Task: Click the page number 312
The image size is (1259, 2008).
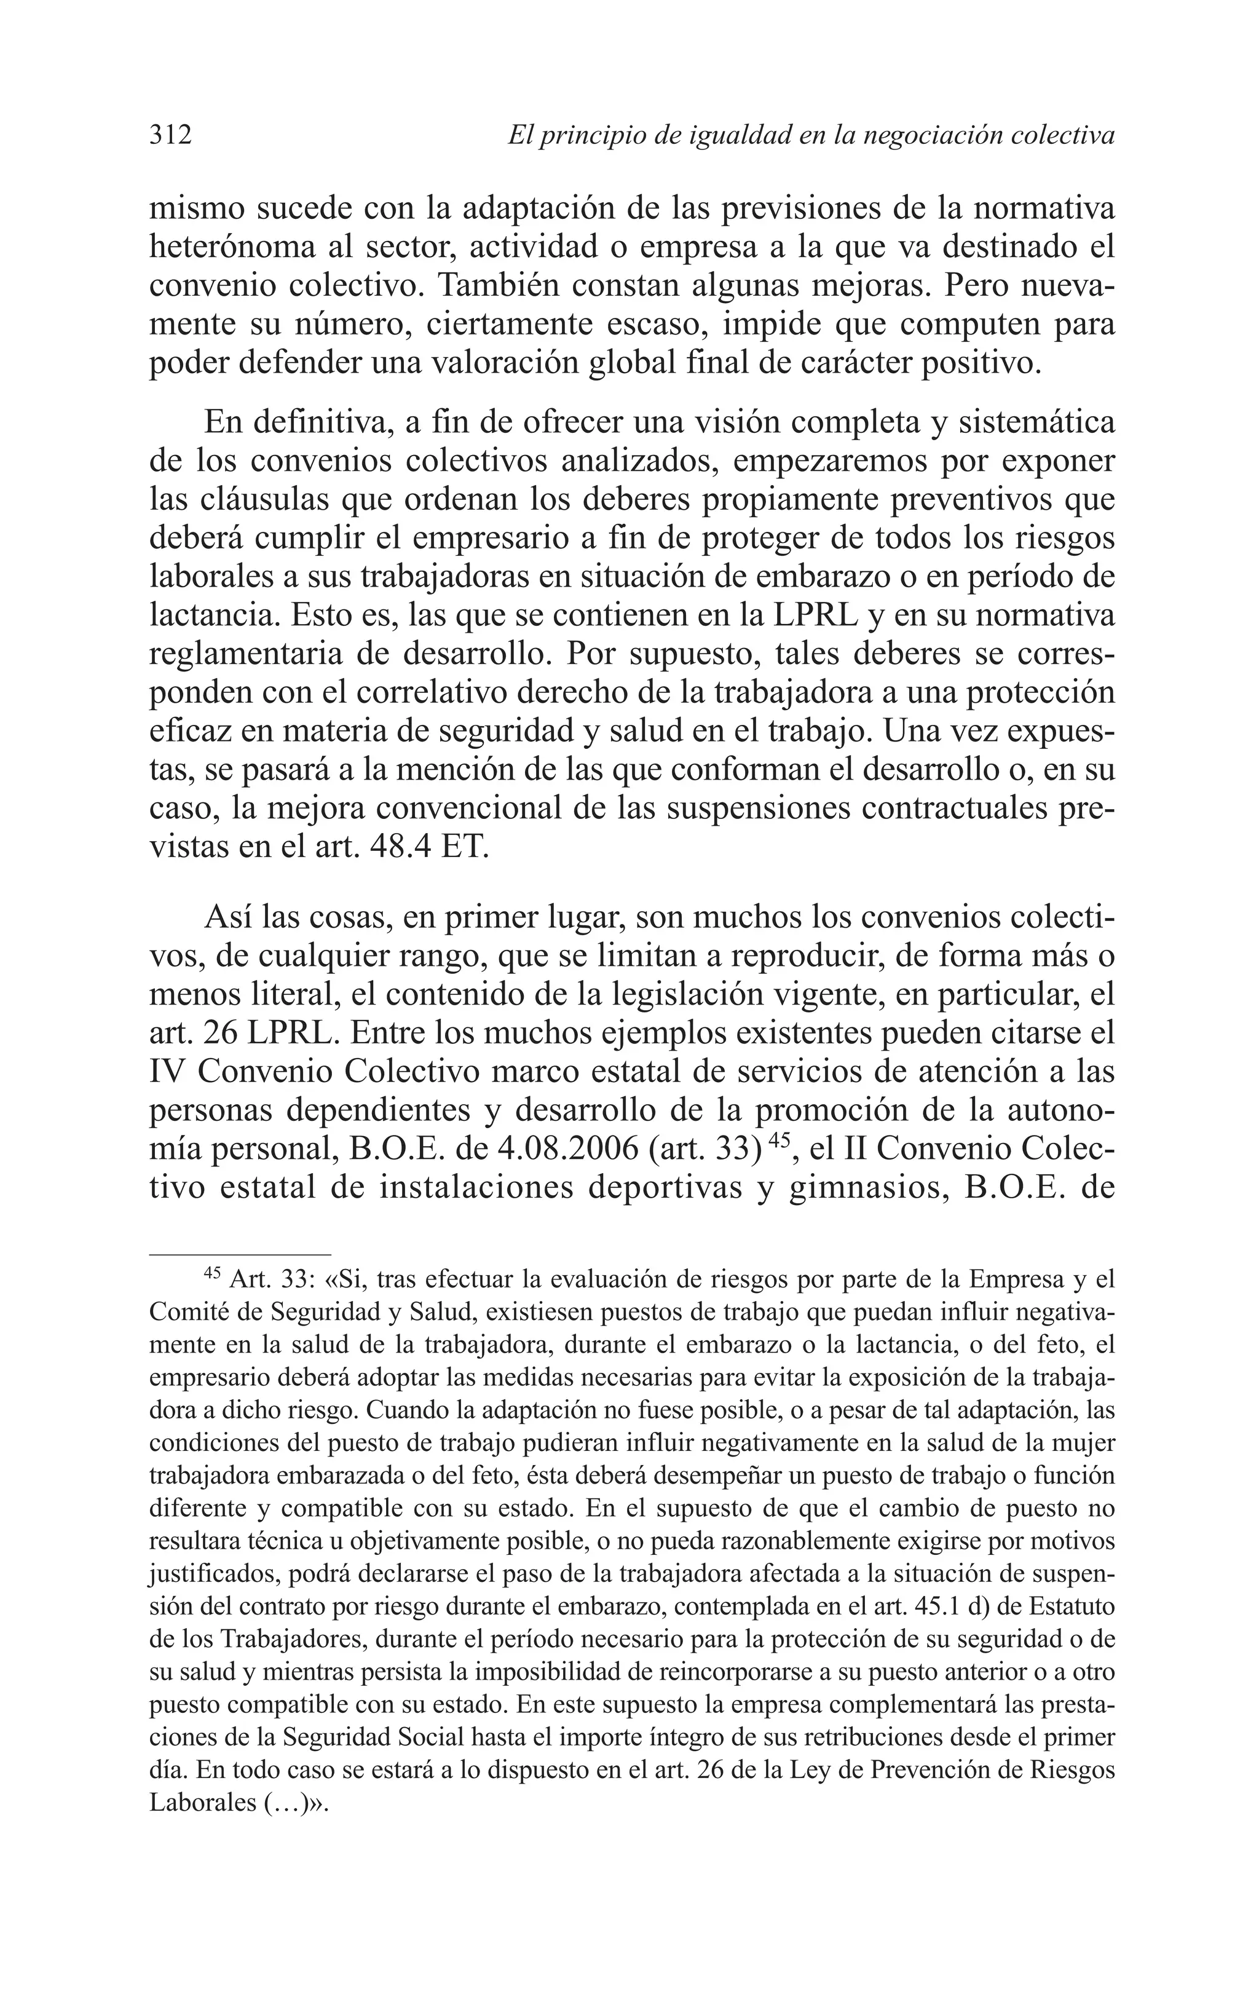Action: (171, 134)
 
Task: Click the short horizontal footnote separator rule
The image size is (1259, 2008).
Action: (240, 1254)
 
